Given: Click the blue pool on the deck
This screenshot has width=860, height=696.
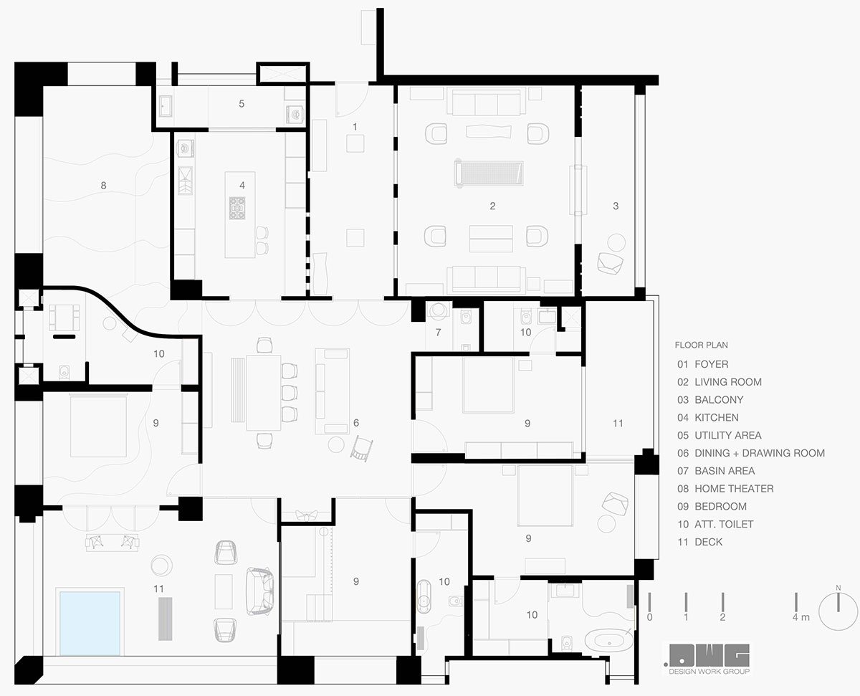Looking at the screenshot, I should click(x=90, y=622).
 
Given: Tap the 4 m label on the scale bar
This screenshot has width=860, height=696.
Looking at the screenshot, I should click(x=801, y=617).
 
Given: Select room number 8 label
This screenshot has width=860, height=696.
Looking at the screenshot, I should click(x=103, y=185).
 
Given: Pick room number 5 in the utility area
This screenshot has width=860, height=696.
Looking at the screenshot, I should click(x=242, y=104).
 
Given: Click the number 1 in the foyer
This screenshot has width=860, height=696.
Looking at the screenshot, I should click(x=354, y=126).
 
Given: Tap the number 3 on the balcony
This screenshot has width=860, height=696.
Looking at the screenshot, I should click(x=615, y=206).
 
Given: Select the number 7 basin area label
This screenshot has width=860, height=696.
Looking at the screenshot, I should click(x=439, y=333).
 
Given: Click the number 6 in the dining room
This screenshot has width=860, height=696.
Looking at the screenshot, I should click(x=355, y=424).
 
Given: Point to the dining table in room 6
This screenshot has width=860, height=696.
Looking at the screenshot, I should click(x=263, y=392).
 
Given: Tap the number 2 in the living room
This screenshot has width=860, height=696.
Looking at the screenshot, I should click(x=492, y=206).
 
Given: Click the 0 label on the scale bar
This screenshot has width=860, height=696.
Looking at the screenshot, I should click(x=649, y=617).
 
